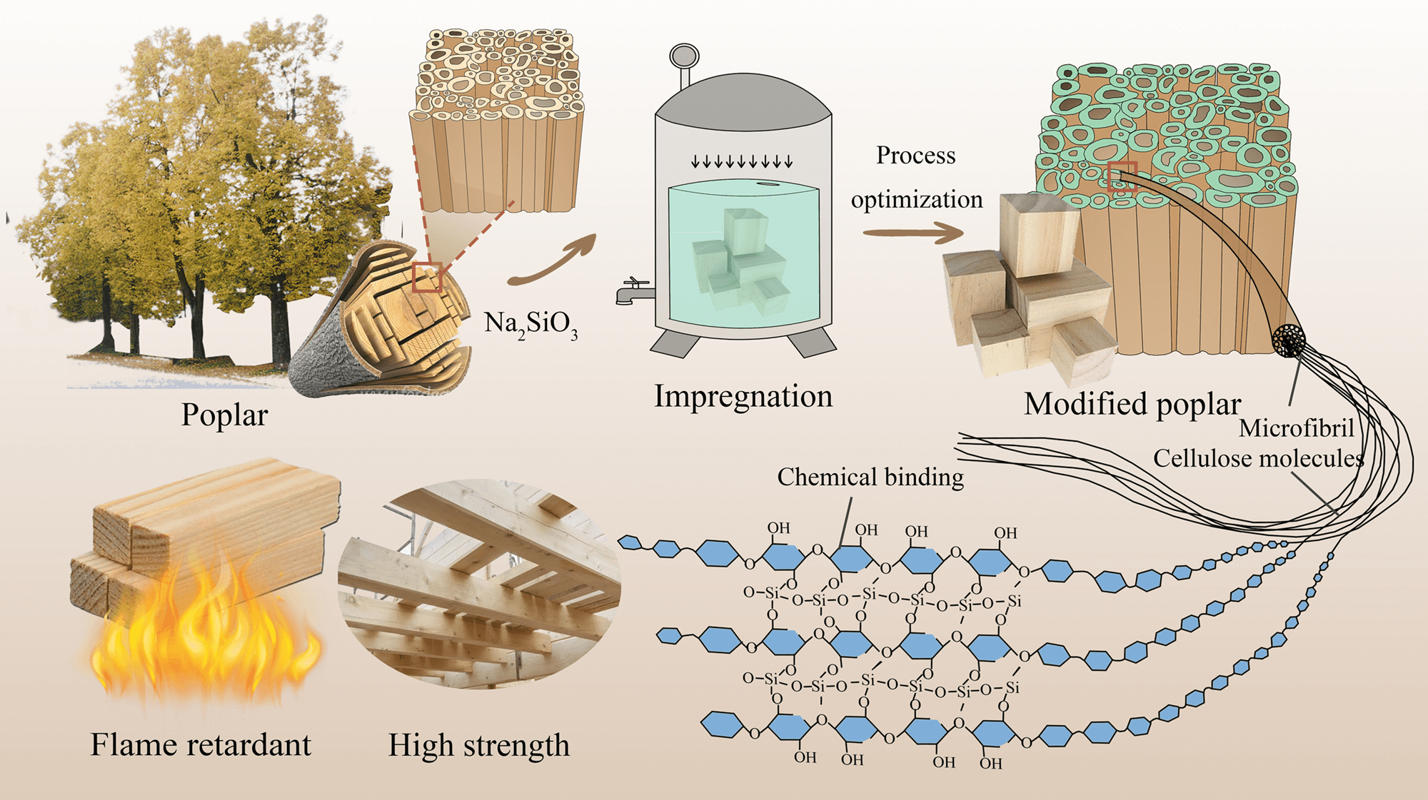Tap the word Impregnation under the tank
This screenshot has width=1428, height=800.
click(743, 396)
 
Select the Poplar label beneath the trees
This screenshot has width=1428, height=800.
click(224, 415)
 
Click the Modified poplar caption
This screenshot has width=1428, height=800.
click(1132, 404)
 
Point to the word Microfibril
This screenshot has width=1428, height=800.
click(1296, 428)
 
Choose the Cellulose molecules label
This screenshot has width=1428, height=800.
click(1258, 458)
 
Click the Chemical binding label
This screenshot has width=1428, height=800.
click(870, 477)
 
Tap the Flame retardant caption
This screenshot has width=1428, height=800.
click(201, 745)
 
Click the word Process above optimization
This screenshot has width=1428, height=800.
click(915, 156)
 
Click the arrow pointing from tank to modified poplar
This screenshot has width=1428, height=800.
click(913, 233)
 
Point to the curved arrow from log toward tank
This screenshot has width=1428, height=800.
click(553, 261)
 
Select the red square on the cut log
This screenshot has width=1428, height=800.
click(427, 278)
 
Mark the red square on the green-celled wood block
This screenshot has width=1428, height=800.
click(1122, 176)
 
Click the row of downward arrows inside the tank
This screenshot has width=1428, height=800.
click(742, 162)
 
